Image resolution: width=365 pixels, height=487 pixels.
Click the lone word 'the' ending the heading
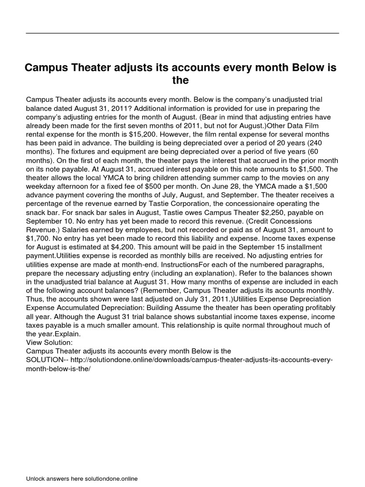pyautogui.click(x=181, y=80)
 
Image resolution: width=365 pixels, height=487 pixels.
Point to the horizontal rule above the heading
pyautogui.click(x=182, y=33)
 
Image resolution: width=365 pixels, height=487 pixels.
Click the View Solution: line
pyautogui.click(x=49, y=342)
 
